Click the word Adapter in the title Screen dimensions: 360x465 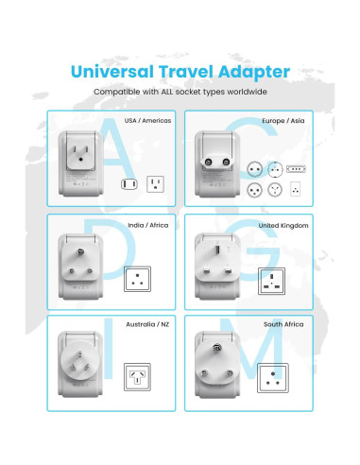[253, 71]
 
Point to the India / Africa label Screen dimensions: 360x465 [147, 226]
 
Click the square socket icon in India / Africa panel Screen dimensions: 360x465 [140, 281]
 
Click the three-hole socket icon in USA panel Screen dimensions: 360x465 [155, 182]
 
